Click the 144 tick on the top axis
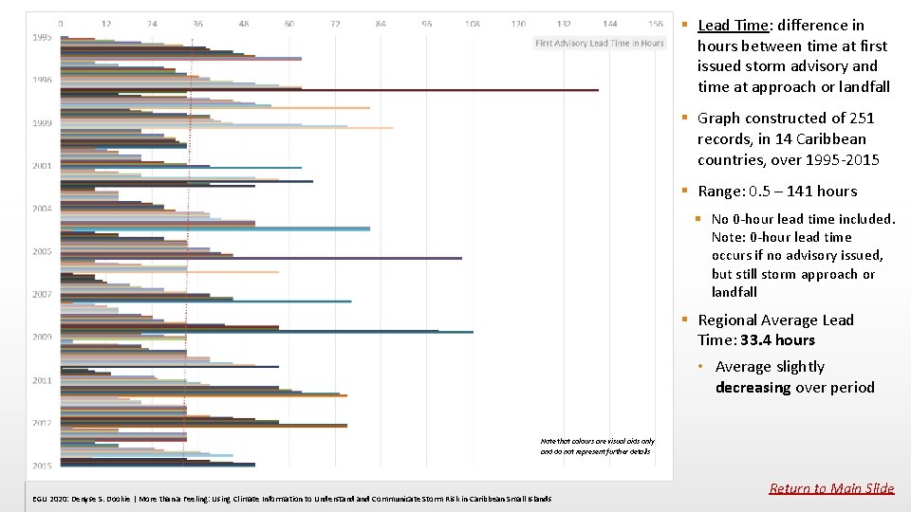(610, 23)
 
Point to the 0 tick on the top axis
(61, 23)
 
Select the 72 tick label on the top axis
(335, 23)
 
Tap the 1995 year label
(41, 37)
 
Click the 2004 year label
(41, 209)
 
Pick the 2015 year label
(41, 466)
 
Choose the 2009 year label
(41, 337)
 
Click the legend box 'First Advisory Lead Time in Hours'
(600, 43)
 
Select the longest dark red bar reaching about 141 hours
(380, 90)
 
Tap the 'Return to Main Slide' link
(831, 488)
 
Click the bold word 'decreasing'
(753, 388)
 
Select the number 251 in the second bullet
(861, 119)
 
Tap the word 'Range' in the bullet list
(720, 192)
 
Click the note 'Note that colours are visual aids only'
(597, 441)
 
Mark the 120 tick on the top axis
(518, 23)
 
